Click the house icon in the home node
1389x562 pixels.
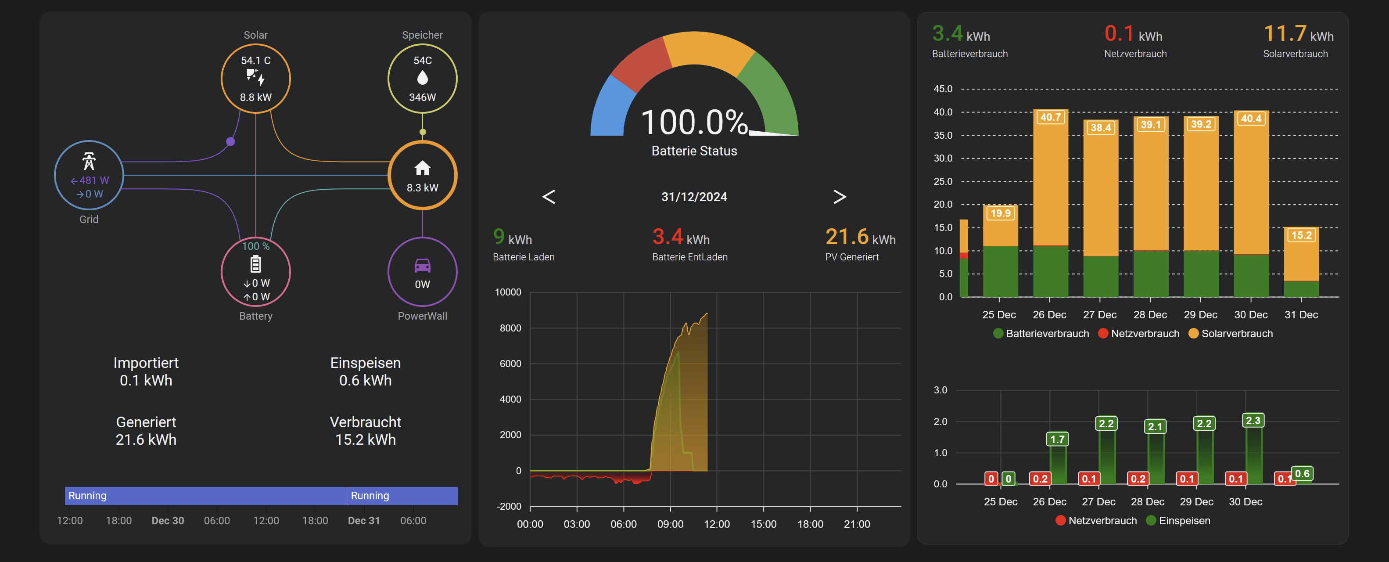pos(422,168)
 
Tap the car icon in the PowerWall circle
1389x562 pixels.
pos(422,265)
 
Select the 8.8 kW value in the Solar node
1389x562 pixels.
pos(255,97)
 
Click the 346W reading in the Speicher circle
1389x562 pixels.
pos(422,97)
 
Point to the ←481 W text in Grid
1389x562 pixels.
pos(90,180)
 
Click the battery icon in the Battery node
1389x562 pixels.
pos(255,264)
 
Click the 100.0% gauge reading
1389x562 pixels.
pos(693,122)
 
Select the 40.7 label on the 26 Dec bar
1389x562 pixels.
pos(1050,117)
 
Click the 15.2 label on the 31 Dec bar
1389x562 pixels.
pos(1301,235)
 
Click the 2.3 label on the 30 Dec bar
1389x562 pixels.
pos(1253,420)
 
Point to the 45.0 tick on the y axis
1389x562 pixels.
pos(943,88)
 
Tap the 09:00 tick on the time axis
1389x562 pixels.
pos(670,524)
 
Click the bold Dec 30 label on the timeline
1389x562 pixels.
pos(167,520)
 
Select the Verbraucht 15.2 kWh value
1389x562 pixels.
pos(365,440)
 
